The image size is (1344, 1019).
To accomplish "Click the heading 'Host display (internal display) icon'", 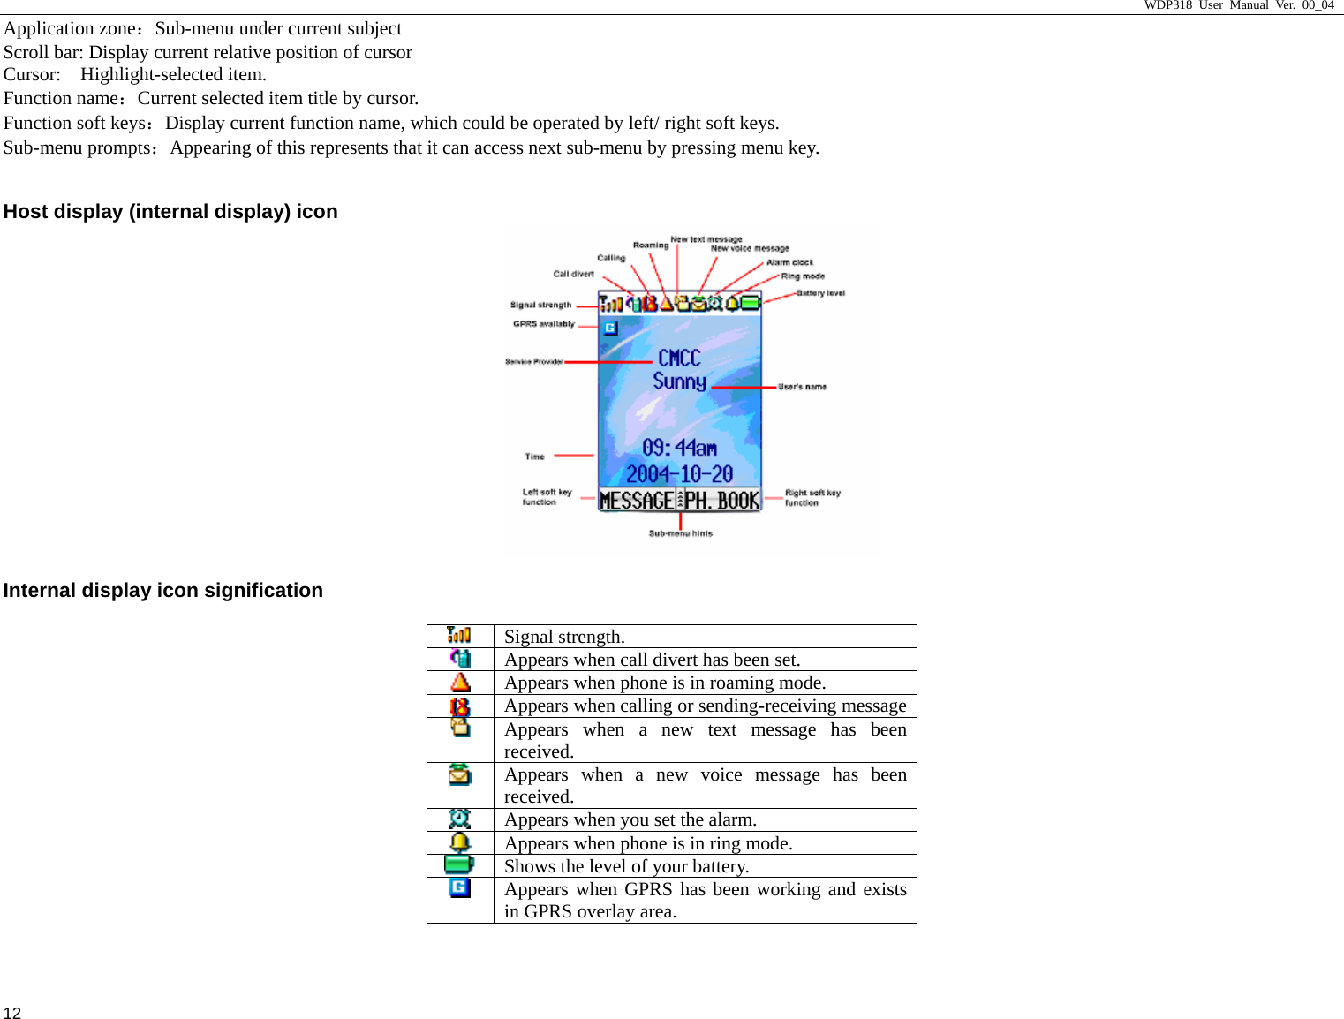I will tap(170, 212).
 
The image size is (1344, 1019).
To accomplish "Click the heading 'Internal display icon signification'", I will tap(163, 591).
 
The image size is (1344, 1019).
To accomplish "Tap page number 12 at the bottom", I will tap(12, 1013).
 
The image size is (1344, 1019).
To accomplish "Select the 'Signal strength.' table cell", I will tap(564, 637).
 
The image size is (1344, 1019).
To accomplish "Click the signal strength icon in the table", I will tap(459, 635).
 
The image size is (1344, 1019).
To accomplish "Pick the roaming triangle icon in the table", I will tap(460, 683).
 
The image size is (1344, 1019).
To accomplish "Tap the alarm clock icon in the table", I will tap(460, 819).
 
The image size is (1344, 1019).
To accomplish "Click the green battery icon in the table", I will tap(459, 864).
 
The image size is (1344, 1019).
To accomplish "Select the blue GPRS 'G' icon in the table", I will tap(460, 887).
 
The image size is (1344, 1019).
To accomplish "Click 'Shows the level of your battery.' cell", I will tap(626, 866).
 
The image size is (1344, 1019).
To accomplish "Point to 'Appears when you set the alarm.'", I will tap(630, 819).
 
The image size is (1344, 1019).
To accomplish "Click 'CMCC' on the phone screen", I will tap(679, 358).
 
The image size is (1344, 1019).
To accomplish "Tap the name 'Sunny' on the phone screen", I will tap(679, 381).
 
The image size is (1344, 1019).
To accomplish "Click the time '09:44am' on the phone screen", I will tap(679, 448).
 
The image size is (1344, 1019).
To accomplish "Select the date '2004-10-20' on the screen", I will tap(679, 474).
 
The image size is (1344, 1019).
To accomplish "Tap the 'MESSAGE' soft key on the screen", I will tap(637, 501).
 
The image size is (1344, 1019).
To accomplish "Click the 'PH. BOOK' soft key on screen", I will tap(721, 501).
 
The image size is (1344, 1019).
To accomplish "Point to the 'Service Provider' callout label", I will tap(533, 361).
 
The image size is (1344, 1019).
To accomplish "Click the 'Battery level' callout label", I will tap(820, 293).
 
